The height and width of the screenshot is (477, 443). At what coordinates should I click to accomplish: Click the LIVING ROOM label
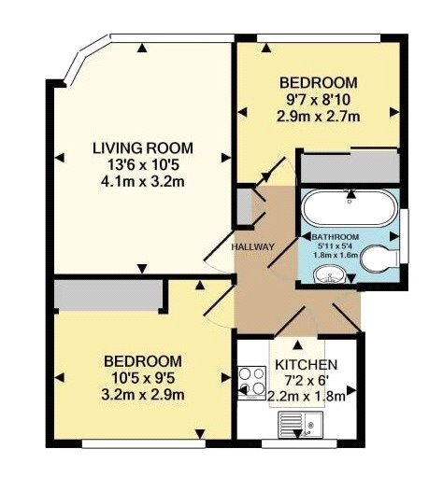143,148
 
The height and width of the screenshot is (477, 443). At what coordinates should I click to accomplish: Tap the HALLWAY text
253,247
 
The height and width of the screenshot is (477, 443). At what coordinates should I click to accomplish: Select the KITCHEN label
307,365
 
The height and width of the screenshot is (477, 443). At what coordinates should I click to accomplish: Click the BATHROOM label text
336,237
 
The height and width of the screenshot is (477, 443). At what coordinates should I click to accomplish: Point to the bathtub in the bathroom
350,208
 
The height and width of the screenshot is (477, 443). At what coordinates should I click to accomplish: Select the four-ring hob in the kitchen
252,383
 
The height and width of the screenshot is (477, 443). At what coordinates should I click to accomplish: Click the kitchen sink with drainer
301,424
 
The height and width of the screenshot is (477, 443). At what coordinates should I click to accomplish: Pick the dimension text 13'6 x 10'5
143,165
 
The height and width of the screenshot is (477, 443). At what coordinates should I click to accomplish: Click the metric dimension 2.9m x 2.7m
319,117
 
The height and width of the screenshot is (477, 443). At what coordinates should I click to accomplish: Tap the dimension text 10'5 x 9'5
143,378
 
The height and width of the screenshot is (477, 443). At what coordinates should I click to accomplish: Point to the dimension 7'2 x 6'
306,381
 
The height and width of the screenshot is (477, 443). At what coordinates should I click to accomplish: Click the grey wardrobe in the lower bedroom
108,295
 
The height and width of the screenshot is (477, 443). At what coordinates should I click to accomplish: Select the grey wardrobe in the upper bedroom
350,167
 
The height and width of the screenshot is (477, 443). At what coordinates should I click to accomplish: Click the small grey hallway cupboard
244,206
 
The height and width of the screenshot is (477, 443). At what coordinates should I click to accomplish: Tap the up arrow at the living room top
142,48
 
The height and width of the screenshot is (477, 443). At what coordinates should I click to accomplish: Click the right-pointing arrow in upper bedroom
394,112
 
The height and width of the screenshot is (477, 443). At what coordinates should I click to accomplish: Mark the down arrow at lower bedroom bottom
200,433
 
